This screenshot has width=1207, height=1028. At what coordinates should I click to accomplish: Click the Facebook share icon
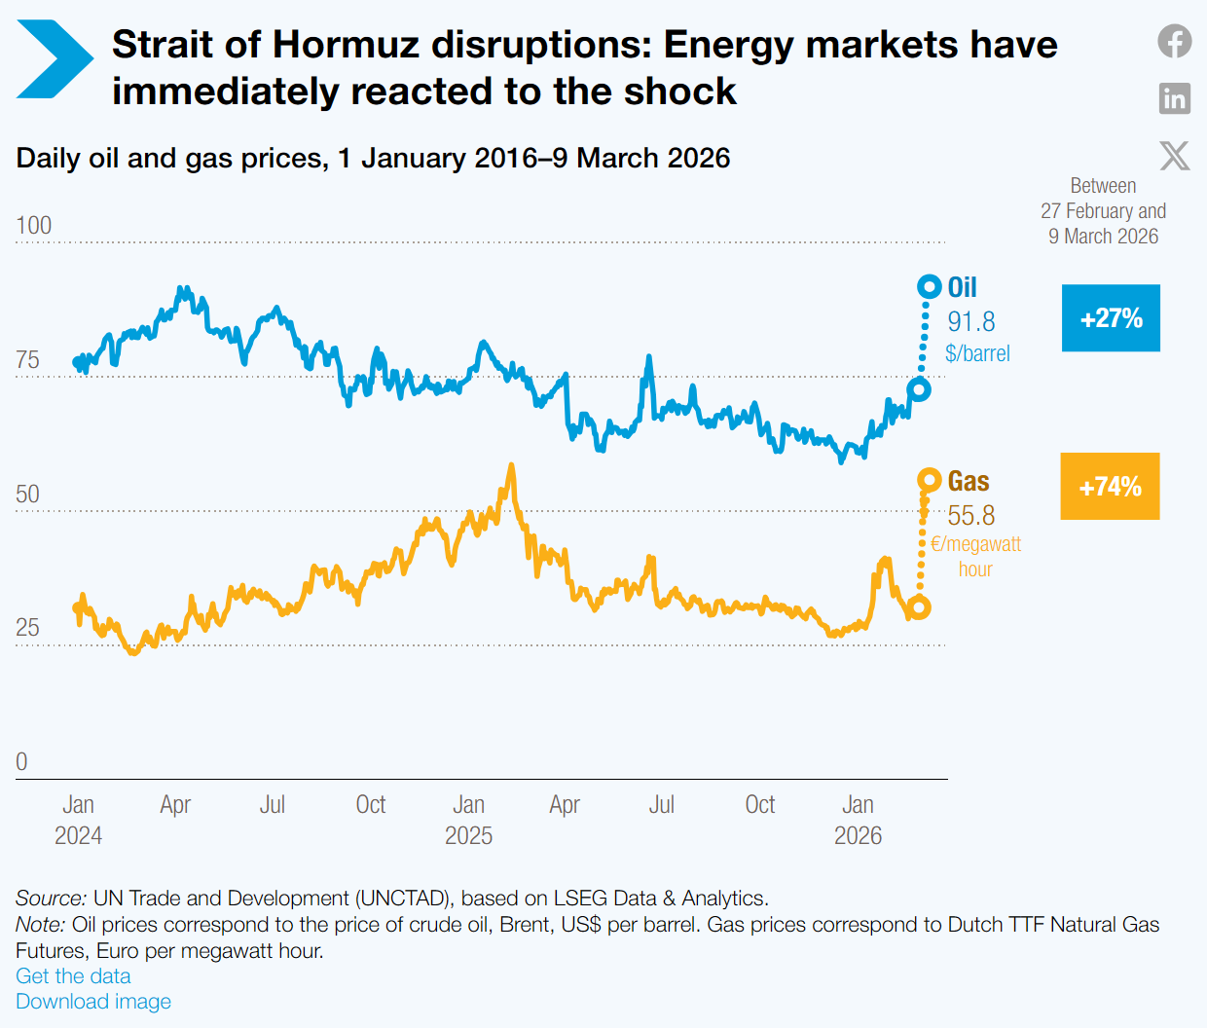1175,41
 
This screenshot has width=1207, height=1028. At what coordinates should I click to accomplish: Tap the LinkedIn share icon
1175,98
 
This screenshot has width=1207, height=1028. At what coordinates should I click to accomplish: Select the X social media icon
1175,156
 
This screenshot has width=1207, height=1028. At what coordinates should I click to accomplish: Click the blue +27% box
1111,318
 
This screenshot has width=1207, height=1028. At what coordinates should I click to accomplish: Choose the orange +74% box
1110,487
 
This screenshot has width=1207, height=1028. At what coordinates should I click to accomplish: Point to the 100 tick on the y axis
34,226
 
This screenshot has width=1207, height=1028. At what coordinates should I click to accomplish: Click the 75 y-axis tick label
28,360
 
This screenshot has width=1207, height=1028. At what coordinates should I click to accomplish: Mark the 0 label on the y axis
22,762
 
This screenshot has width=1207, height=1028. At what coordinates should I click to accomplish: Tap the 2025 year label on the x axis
468,836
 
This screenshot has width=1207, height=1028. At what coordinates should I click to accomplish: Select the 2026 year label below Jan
858,836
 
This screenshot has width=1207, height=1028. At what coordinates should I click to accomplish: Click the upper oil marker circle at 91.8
930,287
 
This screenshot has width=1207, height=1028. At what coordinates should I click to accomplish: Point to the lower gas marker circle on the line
918,607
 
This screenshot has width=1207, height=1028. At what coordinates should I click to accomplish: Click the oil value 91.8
971,321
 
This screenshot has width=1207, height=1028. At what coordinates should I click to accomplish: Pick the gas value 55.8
971,515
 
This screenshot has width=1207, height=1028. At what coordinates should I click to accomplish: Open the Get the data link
73,976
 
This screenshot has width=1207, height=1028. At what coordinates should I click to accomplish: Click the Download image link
93,1002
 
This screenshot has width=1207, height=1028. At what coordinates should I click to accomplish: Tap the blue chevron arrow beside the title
55,59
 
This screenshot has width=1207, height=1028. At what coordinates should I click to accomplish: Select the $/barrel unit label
977,353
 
